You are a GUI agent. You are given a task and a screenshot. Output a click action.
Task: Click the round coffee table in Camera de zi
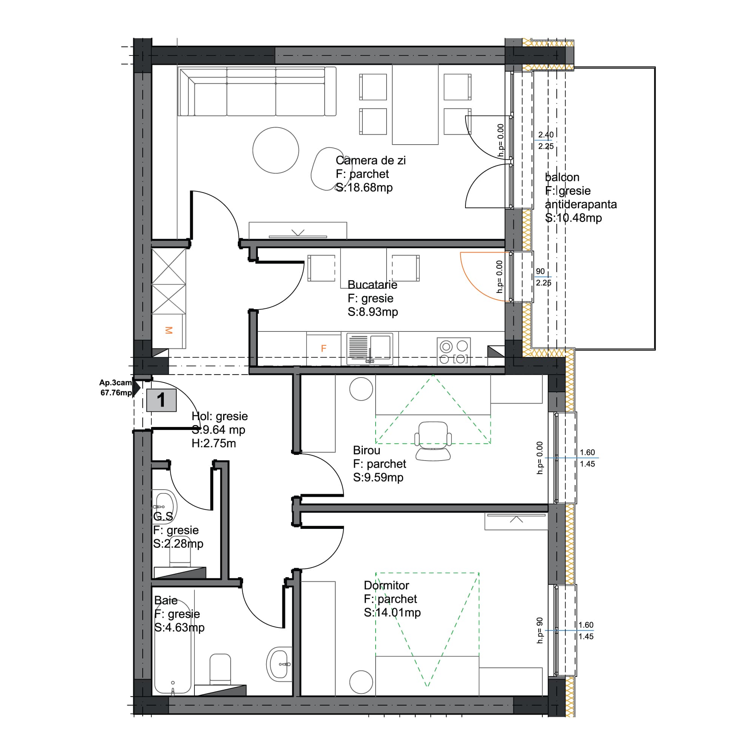click(x=276, y=150)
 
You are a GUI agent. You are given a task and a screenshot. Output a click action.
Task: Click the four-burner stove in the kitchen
click(x=453, y=351)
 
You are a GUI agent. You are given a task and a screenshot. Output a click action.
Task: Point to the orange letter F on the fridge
click(x=324, y=348)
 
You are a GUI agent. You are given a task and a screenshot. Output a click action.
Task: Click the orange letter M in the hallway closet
click(x=168, y=330)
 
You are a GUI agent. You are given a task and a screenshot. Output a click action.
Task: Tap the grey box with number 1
click(x=162, y=400)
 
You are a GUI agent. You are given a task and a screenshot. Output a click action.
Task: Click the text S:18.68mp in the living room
click(x=364, y=188)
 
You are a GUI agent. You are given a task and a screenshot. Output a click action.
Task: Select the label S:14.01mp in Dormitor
click(x=392, y=612)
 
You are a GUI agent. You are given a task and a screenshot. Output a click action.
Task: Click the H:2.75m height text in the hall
click(x=214, y=443)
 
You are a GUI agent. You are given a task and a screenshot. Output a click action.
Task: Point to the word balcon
click(x=562, y=177)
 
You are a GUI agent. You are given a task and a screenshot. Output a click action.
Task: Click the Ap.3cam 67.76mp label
click(x=116, y=388)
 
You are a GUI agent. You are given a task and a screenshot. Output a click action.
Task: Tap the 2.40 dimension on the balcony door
click(x=545, y=135)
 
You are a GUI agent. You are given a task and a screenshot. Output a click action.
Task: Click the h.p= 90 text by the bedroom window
click(x=540, y=630)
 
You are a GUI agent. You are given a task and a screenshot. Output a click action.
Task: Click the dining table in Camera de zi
click(x=415, y=105)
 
